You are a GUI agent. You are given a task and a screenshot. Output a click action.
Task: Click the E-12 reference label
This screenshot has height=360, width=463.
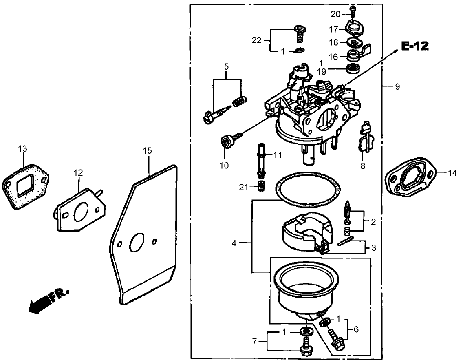(x=414, y=46)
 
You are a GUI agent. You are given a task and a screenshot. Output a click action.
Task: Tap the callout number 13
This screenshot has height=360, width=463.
(x=22, y=149)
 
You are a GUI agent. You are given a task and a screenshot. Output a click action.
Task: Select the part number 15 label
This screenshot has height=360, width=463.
(x=147, y=151)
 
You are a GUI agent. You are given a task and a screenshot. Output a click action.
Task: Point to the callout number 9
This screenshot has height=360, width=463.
(x=397, y=86)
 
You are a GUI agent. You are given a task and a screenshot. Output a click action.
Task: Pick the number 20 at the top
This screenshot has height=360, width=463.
(x=335, y=14)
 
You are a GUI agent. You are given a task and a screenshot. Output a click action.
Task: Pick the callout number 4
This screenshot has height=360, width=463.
(x=234, y=243)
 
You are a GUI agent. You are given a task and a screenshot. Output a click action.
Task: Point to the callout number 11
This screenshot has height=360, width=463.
(x=278, y=155)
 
